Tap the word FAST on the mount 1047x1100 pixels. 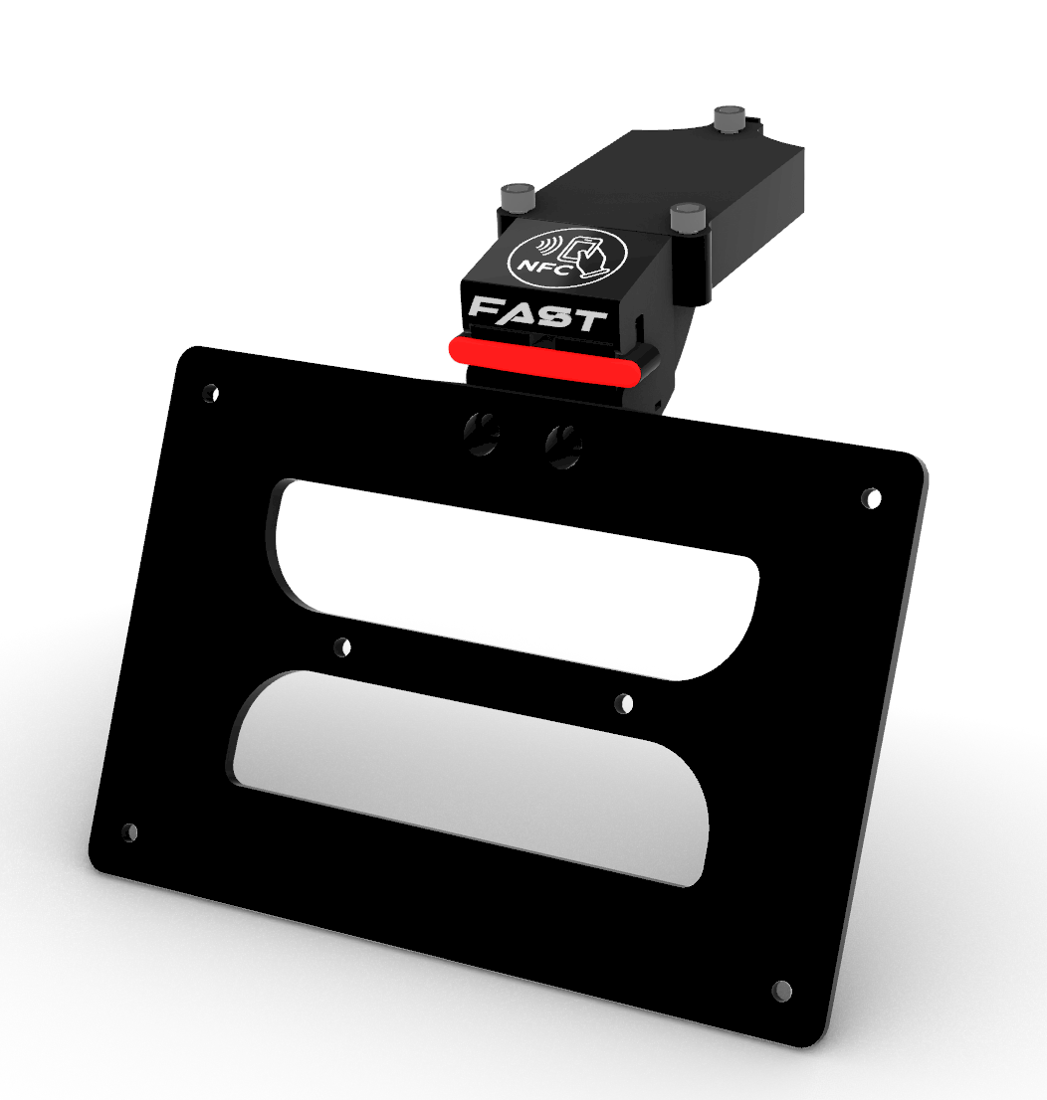point(537,314)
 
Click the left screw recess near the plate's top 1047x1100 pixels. point(482,434)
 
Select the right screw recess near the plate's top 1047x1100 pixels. point(564,447)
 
